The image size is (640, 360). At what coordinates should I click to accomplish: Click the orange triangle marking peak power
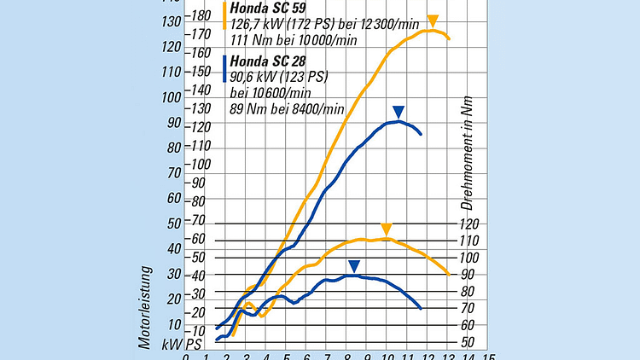point(433,20)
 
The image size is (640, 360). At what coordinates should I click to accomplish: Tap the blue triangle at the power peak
point(399,112)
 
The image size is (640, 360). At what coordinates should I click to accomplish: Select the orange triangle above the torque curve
point(386,229)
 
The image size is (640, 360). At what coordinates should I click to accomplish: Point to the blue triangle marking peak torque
point(354,265)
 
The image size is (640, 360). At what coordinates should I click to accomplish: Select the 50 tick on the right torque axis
point(468,342)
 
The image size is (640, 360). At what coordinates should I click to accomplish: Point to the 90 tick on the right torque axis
point(468,275)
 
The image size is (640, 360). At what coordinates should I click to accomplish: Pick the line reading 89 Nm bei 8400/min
point(287,108)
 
